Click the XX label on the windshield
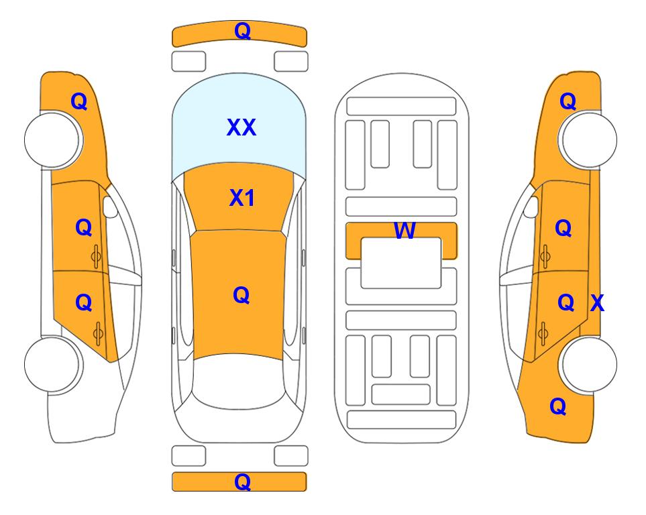point(241,127)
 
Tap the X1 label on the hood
point(242,198)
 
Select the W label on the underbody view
point(405,230)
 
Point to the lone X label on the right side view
point(597,303)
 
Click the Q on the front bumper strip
point(242,31)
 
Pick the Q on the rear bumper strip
point(242,481)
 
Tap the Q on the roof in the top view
point(241,295)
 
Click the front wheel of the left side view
point(53,139)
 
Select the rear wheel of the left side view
point(53,364)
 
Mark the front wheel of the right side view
point(588,139)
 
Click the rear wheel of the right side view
point(588,364)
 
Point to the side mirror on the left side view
point(110,207)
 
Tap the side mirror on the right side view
point(531,207)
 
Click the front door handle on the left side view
point(96,256)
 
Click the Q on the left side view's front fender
point(79,101)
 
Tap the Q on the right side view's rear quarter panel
point(558,406)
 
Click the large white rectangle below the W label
point(401,263)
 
